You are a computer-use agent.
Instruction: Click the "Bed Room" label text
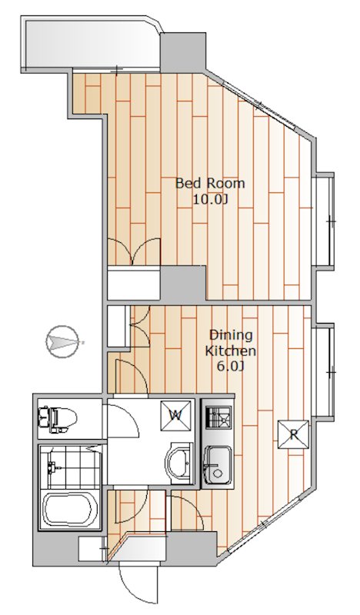coord(210,183)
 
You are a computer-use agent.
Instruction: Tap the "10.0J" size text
coord(210,200)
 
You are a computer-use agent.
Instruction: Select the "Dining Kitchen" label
coord(231,343)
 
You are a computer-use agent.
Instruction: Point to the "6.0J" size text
coord(231,367)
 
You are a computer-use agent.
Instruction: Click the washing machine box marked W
coord(176,415)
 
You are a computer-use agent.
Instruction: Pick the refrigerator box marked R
coord(293,434)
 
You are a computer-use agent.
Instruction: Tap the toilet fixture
coord(57,419)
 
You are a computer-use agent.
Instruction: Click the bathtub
coord(70,509)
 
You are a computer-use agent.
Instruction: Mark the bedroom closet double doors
coord(134,251)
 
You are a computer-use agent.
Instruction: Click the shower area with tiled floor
coord(70,467)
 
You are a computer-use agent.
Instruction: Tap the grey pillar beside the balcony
coord(183,52)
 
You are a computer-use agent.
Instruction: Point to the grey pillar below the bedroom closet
coord(183,284)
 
